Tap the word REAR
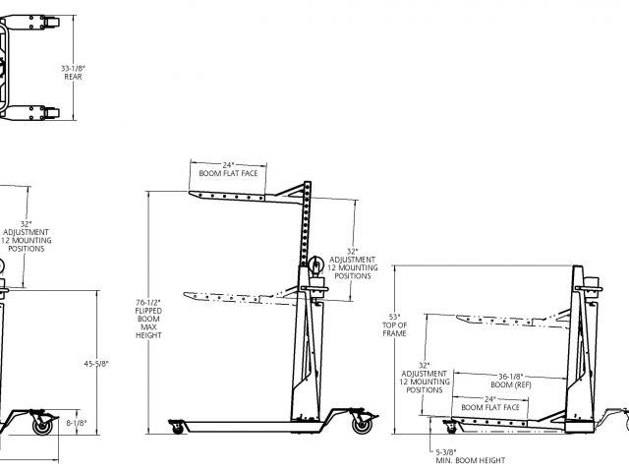(x=72, y=78)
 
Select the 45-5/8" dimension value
(x=96, y=364)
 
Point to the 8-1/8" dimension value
(x=76, y=424)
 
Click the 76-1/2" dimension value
(x=147, y=302)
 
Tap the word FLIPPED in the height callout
(x=147, y=311)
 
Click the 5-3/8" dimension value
(x=450, y=451)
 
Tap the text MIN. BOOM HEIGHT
(x=469, y=460)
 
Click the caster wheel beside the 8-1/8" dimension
(x=42, y=427)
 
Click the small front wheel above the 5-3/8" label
(x=452, y=427)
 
